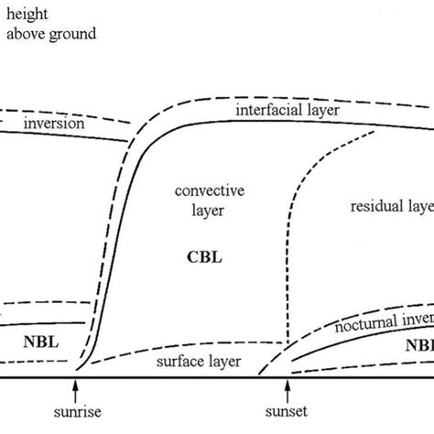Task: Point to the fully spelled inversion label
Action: pyautogui.click(x=55, y=123)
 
